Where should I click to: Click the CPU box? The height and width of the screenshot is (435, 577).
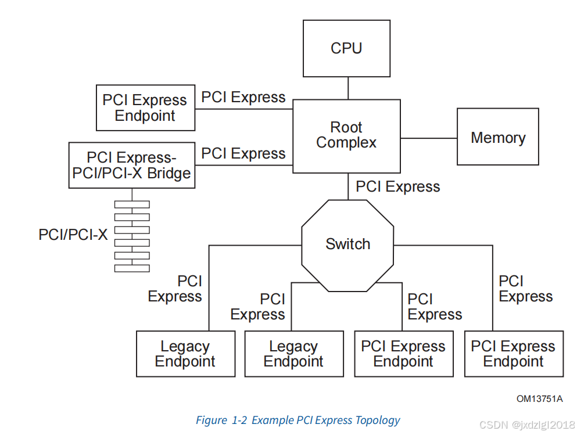[347, 48]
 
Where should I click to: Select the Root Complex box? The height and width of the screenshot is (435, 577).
[346, 136]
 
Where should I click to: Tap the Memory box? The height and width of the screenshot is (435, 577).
[498, 138]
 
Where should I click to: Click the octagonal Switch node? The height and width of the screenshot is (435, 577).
[347, 245]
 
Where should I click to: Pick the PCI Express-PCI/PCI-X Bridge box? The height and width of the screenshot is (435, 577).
[132, 166]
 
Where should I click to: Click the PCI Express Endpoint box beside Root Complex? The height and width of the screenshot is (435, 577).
[145, 108]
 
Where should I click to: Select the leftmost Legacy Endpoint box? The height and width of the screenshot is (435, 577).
[185, 354]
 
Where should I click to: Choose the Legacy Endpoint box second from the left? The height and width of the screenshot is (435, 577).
[293, 354]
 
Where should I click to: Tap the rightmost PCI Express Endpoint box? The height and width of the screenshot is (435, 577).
[514, 354]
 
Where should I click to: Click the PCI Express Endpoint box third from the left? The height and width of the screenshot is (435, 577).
[403, 354]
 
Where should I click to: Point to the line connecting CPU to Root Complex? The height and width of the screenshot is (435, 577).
[347, 88]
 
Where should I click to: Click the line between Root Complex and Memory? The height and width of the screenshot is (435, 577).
[429, 138]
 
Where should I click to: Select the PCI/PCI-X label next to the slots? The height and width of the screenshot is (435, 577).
[73, 235]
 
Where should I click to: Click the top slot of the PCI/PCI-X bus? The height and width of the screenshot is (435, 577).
[132, 204]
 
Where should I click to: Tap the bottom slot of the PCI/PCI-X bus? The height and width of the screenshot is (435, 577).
[132, 268]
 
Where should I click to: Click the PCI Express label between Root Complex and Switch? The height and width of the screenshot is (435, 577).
[397, 187]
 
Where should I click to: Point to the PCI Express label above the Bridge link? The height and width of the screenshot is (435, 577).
[243, 154]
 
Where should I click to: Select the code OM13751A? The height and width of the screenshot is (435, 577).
[539, 398]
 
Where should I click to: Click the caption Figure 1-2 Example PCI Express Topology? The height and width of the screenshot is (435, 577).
[298, 420]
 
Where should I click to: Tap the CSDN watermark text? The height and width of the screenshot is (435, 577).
[527, 425]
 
